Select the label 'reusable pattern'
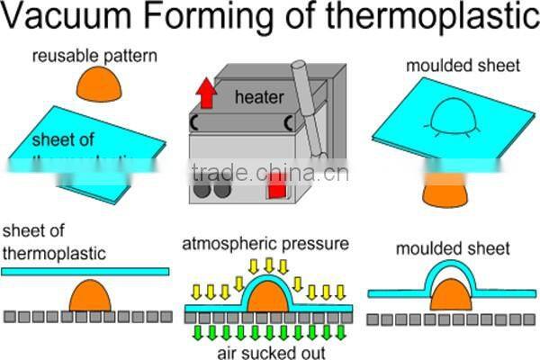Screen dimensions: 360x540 click(94, 57)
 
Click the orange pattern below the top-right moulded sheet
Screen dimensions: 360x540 click(445, 191)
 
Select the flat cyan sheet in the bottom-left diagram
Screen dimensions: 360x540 click(85, 270)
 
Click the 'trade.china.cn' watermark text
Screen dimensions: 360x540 click(270, 171)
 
